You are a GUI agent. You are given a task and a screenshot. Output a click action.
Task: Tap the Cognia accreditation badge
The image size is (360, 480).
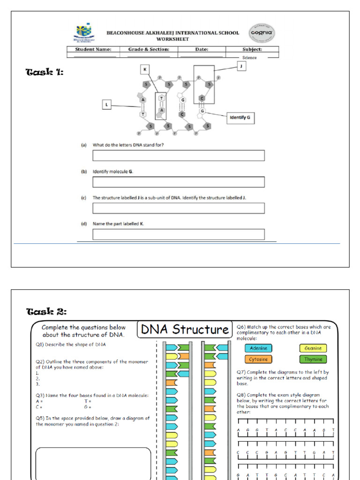pos(262,34)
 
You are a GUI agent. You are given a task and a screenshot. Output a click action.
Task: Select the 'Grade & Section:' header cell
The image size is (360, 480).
pos(149,49)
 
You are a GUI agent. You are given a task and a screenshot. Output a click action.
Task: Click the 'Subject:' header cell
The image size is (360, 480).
pos(252,49)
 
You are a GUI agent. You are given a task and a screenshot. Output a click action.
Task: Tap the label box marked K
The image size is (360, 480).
pos(145,69)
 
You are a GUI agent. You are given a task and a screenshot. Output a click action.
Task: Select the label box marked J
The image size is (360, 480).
pos(242,67)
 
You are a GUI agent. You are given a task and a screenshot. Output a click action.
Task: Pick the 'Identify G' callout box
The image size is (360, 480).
pos(240,118)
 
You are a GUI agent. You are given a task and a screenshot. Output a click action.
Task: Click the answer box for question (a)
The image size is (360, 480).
pos(178,156)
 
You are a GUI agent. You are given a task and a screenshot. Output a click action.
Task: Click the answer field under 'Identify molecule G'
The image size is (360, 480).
pos(178,182)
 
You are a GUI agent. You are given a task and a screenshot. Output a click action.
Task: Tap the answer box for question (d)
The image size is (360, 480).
pos(178,234)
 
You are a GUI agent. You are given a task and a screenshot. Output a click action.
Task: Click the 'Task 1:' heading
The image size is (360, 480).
pos(44,72)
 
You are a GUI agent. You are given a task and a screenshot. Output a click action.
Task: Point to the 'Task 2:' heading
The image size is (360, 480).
pos(46,312)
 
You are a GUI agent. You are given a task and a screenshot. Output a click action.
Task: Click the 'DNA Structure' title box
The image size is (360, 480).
pos(185,330)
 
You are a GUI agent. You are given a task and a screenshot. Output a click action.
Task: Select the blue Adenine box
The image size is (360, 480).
pos(258,348)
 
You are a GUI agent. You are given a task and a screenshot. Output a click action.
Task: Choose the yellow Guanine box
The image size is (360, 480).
pos(313,348)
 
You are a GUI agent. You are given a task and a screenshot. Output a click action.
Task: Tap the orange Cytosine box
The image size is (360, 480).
pos(258,359)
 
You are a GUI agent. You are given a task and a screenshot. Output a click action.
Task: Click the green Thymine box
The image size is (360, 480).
pos(313,359)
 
